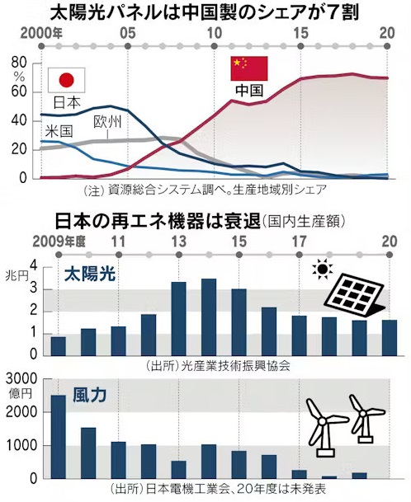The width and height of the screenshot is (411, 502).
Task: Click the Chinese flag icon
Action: point(249,68)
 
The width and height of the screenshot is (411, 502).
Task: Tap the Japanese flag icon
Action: point(66,80)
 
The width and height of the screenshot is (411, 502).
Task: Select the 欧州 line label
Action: point(108,122)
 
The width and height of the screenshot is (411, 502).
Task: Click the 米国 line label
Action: point(59,131)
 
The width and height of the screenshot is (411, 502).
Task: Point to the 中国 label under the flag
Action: point(249,91)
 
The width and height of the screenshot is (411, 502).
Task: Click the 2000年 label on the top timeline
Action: point(41,33)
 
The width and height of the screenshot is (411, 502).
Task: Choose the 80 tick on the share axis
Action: point(19,63)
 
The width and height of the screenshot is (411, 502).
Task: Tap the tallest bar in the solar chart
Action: point(209,317)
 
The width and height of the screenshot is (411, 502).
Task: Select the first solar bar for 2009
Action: point(59,346)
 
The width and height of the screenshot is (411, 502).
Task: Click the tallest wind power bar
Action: point(59,437)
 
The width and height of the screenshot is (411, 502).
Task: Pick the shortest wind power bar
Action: point(329,477)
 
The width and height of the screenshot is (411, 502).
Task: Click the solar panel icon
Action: point(354,293)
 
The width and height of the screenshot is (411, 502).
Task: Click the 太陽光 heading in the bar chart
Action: point(90,274)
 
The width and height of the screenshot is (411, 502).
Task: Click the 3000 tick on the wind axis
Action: point(21,378)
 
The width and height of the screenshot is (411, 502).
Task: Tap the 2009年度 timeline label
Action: point(59,242)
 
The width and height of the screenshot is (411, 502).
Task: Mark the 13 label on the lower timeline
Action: point(179,242)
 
